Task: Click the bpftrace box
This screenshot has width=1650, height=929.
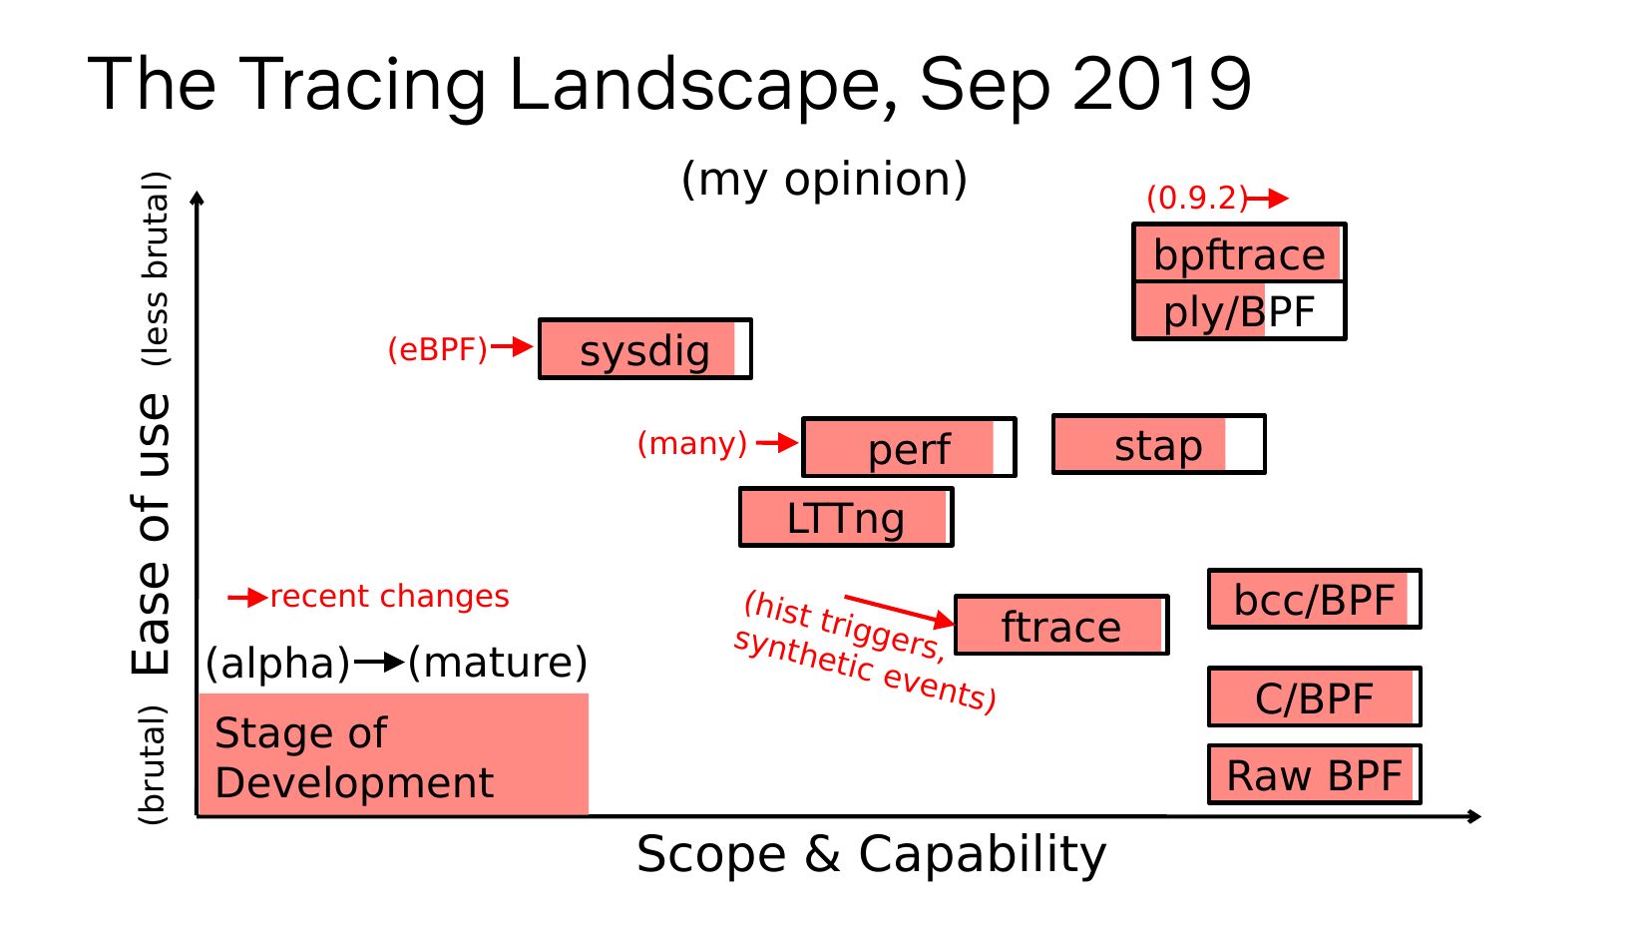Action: click(1239, 253)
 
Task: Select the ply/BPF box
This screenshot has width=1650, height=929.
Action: click(1239, 311)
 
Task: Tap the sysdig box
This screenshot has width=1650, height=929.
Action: click(645, 349)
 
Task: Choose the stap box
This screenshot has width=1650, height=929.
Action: click(1158, 445)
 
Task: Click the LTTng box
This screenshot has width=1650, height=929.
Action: click(846, 518)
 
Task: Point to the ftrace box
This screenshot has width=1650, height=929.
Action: click(1061, 626)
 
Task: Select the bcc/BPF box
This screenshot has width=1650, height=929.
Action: click(1314, 600)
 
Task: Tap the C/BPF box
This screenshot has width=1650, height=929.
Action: click(1314, 697)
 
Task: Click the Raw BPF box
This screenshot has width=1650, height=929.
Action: click(1314, 775)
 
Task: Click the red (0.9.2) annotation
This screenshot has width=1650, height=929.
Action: click(1197, 198)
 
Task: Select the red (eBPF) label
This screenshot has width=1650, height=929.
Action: click(437, 349)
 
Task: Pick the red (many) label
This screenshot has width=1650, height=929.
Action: click(692, 443)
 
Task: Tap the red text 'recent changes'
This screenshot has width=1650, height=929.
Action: click(389, 597)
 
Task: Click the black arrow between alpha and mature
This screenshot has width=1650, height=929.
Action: click(379, 662)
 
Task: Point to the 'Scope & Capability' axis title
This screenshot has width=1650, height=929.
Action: click(871, 854)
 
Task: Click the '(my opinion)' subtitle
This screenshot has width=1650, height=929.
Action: click(824, 180)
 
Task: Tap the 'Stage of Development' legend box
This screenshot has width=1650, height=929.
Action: click(393, 755)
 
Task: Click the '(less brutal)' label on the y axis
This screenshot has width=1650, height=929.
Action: click(155, 269)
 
